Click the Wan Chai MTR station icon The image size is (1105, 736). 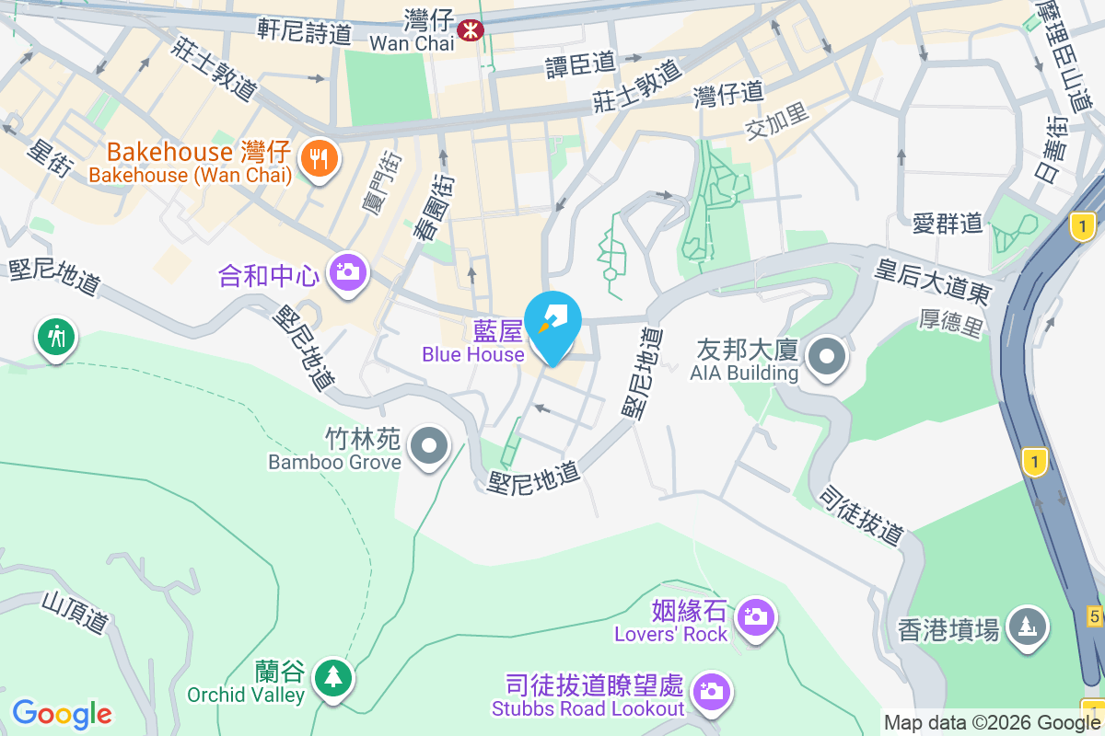(x=471, y=29)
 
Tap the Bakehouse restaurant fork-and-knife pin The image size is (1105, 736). (x=319, y=159)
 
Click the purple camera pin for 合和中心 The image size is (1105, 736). (x=348, y=271)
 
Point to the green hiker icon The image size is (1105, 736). (x=56, y=337)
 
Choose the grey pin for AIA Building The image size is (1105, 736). (x=826, y=356)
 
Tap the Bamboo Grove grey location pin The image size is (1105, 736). (x=427, y=446)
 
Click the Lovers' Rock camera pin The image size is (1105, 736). (x=755, y=616)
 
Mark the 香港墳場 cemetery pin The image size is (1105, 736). (x=1027, y=627)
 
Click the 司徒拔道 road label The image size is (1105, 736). (x=862, y=516)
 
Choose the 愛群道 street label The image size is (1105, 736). (x=948, y=223)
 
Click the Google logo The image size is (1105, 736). (x=62, y=713)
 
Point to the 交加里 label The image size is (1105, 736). (x=777, y=121)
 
